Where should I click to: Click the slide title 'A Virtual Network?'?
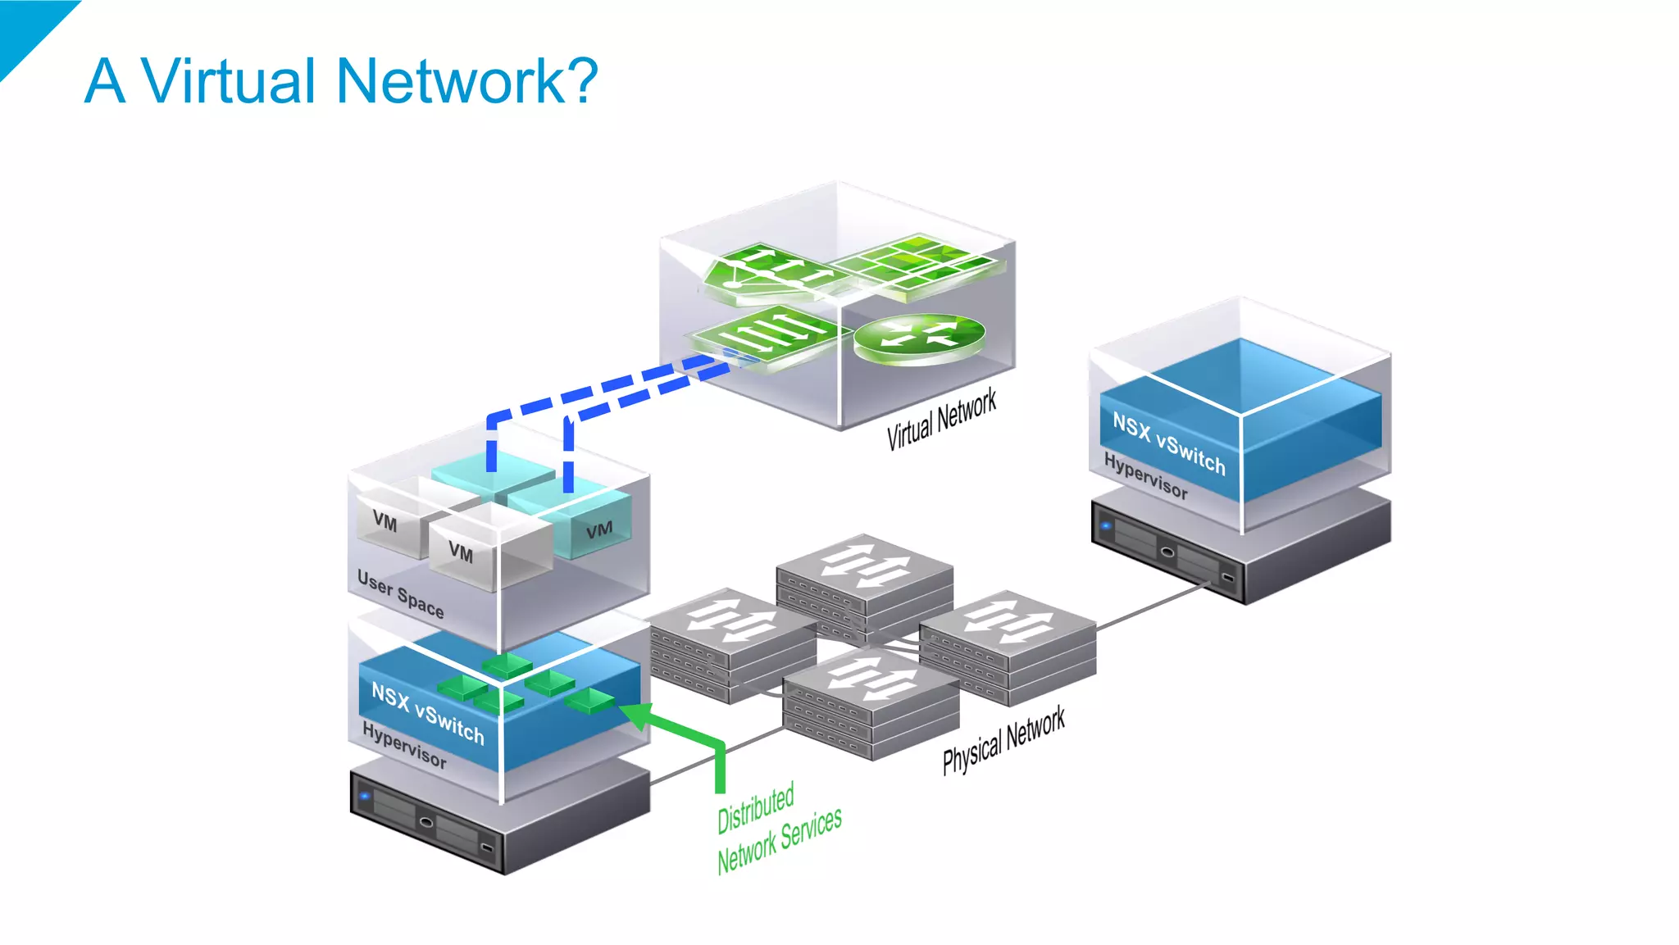[x=341, y=81]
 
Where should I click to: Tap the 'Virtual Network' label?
[x=941, y=419]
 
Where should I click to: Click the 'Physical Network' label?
[x=1003, y=739]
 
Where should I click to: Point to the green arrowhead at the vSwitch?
[x=635, y=714]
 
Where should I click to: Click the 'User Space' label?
[x=400, y=593]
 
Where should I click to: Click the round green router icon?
[x=919, y=336]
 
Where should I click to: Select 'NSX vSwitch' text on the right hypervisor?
[x=1168, y=443]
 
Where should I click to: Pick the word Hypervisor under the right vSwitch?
[x=1145, y=475]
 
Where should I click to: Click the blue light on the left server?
[x=365, y=796]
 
